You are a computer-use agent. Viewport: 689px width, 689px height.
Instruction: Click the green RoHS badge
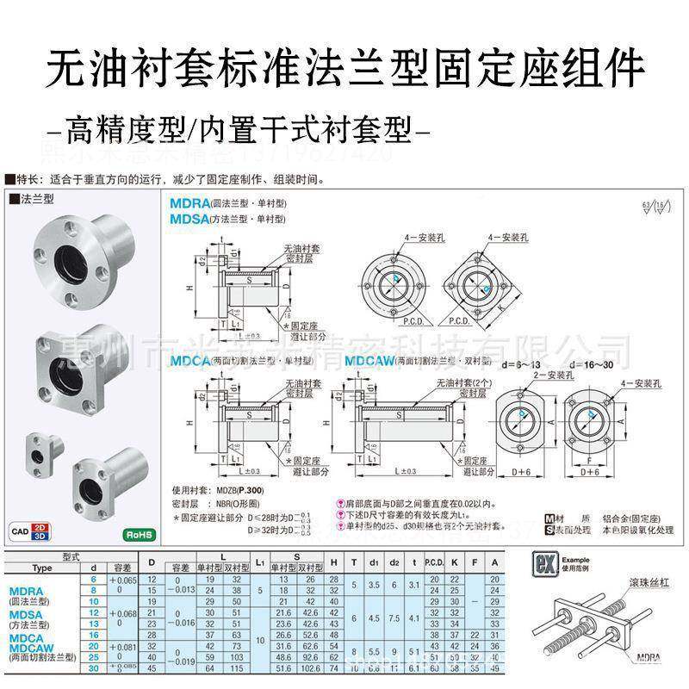point(137,533)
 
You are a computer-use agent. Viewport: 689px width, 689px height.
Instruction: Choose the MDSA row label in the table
point(28,619)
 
